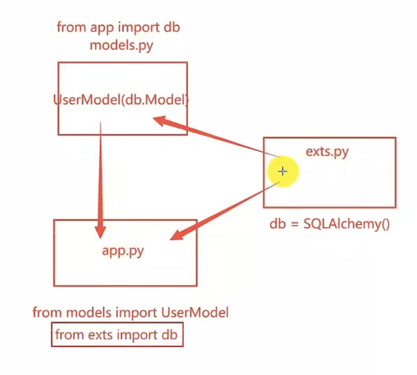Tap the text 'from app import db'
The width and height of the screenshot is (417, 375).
pyautogui.click(x=119, y=27)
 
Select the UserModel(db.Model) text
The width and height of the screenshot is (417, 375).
pyautogui.click(x=121, y=100)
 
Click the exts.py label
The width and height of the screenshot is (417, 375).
pyautogui.click(x=327, y=151)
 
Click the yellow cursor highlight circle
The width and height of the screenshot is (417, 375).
pyautogui.click(x=282, y=171)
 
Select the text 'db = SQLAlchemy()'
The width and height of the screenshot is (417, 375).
pyautogui.click(x=330, y=224)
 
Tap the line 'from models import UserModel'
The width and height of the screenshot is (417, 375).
pyautogui.click(x=130, y=313)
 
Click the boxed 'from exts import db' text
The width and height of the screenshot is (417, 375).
pyautogui.click(x=117, y=335)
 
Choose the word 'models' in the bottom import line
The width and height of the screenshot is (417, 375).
pyautogui.click(x=84, y=313)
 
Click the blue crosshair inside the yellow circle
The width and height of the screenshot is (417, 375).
pyautogui.click(x=282, y=171)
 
